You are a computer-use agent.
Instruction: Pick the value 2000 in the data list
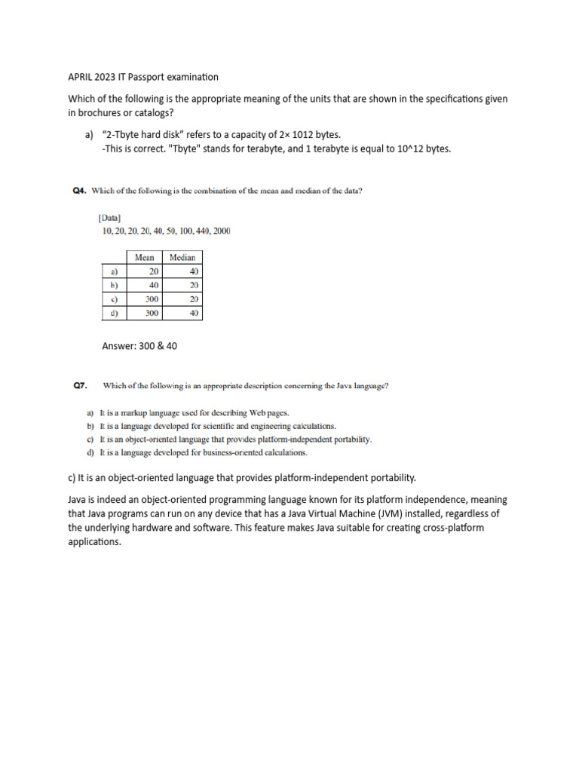click(x=222, y=231)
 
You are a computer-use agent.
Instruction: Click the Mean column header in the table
click(x=144, y=257)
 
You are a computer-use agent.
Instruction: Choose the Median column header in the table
click(x=182, y=257)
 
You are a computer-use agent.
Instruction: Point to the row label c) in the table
click(x=114, y=299)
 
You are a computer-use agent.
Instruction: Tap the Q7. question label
click(x=81, y=386)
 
